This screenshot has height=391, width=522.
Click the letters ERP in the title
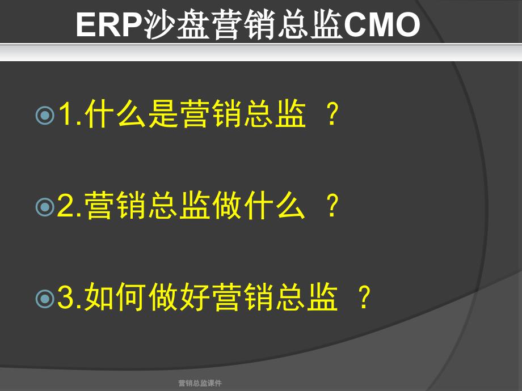[x=110, y=24]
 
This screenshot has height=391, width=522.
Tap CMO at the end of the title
[x=382, y=24]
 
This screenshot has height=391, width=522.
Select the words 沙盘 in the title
[x=176, y=24]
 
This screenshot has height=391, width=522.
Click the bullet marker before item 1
[x=45, y=116]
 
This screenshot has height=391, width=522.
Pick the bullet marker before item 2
[x=45, y=207]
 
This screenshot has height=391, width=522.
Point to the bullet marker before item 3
[x=45, y=298]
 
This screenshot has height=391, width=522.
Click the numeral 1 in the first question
[x=66, y=114]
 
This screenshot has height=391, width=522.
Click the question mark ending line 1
[x=332, y=114]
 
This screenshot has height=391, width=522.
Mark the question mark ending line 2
[x=332, y=205]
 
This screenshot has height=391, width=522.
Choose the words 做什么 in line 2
[x=258, y=205]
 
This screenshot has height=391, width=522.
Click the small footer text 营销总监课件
[x=200, y=383]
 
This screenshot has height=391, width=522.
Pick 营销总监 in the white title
[x=277, y=24]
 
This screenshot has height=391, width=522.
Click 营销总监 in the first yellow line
[x=243, y=114]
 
